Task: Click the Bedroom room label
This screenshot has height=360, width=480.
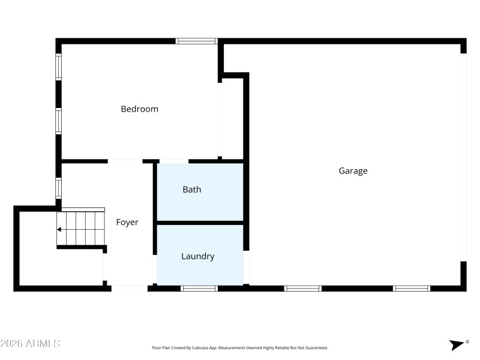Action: coord(139,109)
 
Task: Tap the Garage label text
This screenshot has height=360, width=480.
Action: coord(353,171)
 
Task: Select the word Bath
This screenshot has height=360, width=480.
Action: coord(192,190)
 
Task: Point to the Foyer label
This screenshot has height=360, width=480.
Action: coord(127,223)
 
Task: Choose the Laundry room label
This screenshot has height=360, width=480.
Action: coord(198,256)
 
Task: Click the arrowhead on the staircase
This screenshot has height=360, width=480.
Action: coord(59,229)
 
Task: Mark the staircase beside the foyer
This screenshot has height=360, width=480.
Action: coord(81,228)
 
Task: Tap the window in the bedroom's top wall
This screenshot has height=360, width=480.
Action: coord(196,41)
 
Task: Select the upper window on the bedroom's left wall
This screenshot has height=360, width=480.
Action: coord(59,67)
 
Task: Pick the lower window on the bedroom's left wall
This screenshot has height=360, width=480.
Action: coord(59,121)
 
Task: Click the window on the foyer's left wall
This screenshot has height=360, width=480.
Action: coord(59,188)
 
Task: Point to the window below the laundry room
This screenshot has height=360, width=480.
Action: coord(199,289)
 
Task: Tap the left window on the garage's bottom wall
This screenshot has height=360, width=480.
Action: coord(302,289)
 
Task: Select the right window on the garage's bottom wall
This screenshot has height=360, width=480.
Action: coord(412,289)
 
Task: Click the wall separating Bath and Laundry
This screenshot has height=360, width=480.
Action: coord(200,223)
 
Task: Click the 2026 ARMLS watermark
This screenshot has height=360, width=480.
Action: coord(30,344)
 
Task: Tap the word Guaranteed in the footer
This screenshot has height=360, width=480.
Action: coord(316,347)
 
